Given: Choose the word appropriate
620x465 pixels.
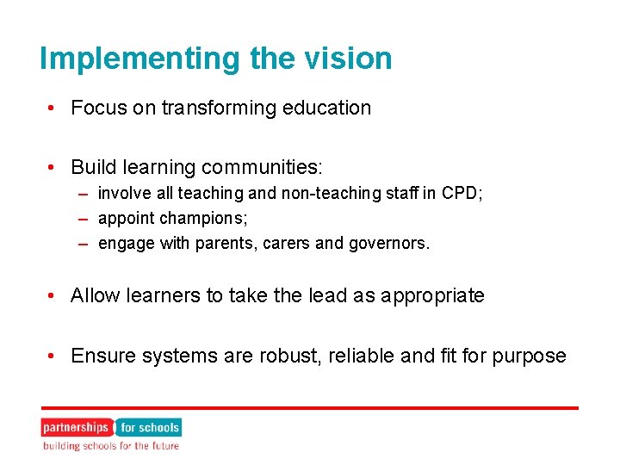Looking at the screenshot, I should point(434,296).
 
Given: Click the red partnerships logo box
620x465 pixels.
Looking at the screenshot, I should point(76,427).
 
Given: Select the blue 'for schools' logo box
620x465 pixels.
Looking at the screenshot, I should point(149,427).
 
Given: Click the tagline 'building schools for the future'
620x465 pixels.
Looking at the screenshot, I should point(111,446).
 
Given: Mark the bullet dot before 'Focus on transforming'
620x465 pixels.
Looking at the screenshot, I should point(53,108).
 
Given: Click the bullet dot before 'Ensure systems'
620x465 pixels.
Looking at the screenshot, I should point(53,356).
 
